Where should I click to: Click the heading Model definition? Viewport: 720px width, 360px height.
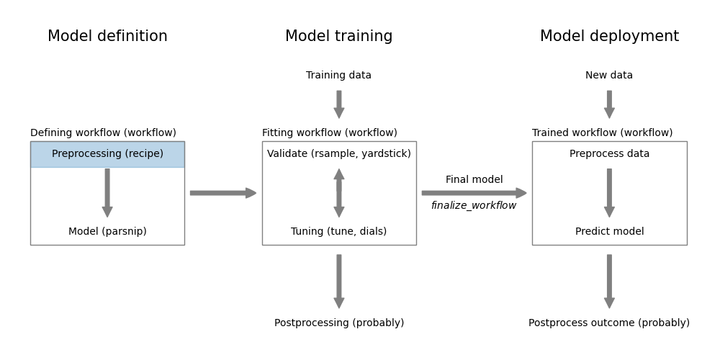coord(107,37)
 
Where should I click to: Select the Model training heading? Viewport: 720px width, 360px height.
coord(338,37)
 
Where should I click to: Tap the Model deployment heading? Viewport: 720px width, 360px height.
coord(609,37)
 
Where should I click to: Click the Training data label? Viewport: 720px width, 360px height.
coord(338,76)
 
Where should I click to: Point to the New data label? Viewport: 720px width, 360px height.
coord(609,76)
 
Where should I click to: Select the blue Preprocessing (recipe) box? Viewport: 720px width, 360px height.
coord(107,154)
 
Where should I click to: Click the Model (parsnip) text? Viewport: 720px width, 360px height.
coord(107,232)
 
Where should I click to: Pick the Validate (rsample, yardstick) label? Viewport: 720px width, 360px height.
coord(338,154)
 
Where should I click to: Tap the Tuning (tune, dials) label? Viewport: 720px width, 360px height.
coord(338,232)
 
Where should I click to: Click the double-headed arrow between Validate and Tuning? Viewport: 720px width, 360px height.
coord(338,193)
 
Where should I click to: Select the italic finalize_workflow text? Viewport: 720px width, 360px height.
coord(474,206)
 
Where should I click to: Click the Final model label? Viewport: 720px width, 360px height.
coord(474,180)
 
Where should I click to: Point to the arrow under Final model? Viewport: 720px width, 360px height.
coord(474,193)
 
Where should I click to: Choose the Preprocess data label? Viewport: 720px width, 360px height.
coord(609,154)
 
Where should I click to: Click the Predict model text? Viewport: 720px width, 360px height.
coord(609,232)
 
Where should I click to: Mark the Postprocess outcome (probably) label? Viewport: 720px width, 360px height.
coord(609,323)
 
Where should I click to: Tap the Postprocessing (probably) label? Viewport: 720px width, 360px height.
coord(338,323)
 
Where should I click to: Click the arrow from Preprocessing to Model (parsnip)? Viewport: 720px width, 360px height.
coord(107,193)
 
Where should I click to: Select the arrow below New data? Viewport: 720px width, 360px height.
coord(609,104)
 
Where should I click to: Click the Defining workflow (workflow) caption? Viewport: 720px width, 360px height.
coord(103,133)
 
